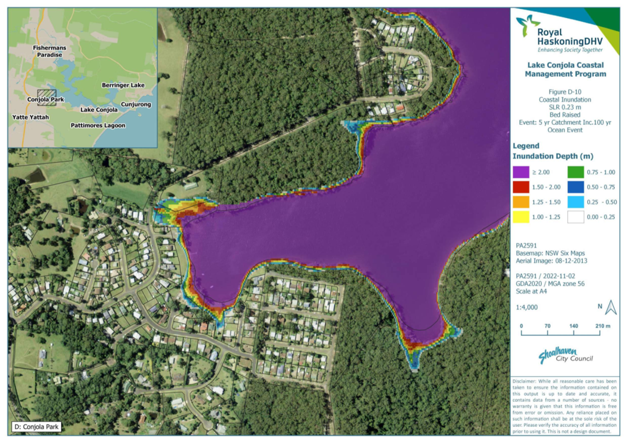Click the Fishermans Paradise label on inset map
pyautogui.click(x=49, y=51)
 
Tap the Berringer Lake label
pyautogui.click(x=123, y=85)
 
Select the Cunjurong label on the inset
pyautogui.click(x=136, y=104)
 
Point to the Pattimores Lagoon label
pyautogui.click(x=98, y=126)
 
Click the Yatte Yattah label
pyautogui.click(x=31, y=117)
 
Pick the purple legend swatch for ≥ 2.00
pyautogui.click(x=521, y=172)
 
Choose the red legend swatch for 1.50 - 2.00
pyautogui.click(x=521, y=187)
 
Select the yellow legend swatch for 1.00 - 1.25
pyautogui.click(x=521, y=217)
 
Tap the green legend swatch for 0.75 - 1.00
pyautogui.click(x=575, y=172)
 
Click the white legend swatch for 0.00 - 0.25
pyautogui.click(x=575, y=217)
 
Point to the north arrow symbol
pyautogui.click(x=611, y=308)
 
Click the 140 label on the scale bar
pyautogui.click(x=573, y=326)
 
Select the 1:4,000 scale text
pyautogui.click(x=526, y=307)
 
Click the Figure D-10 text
pyautogui.click(x=565, y=92)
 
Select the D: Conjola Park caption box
pyautogui.click(x=37, y=427)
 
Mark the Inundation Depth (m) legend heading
pyautogui.click(x=553, y=156)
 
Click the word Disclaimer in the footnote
pyautogui.click(x=524, y=381)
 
